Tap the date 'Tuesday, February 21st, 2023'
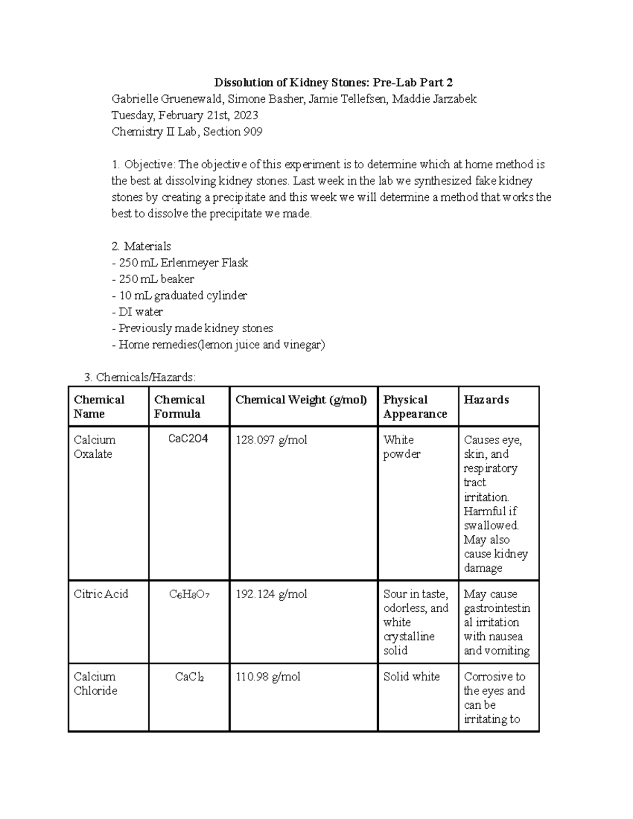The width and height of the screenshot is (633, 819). tap(185, 115)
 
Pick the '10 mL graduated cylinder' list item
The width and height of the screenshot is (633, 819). tap(183, 295)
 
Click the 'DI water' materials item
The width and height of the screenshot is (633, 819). tap(140, 312)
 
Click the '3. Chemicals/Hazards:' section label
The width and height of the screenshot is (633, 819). tap(140, 378)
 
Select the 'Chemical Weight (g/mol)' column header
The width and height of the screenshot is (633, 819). tap(301, 400)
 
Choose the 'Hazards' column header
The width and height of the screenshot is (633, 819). tap(486, 400)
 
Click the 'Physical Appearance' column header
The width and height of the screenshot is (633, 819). tap(415, 407)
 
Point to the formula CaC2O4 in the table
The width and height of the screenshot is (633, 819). tap(188, 439)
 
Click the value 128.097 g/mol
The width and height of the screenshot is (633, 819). tap(271, 440)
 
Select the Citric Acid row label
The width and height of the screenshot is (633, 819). tap(101, 594)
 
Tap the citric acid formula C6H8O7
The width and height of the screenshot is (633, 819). tap(189, 594)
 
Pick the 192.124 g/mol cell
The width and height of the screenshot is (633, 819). tap(271, 594)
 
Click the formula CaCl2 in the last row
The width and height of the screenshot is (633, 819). tap(189, 677)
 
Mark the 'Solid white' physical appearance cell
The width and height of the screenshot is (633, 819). tap(411, 676)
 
